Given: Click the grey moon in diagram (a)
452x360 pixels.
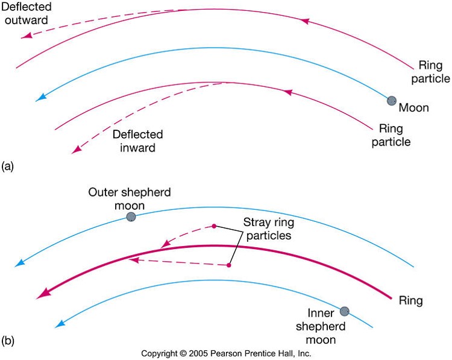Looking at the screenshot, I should (x=392, y=101).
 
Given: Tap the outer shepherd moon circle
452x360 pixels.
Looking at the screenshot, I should (x=130, y=216).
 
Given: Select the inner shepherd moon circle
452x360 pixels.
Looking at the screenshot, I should (x=344, y=311).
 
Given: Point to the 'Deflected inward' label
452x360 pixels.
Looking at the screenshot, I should (x=137, y=141).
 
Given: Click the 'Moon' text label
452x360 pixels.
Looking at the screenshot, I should (x=414, y=109).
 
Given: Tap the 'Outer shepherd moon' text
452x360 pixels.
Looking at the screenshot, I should (x=130, y=199).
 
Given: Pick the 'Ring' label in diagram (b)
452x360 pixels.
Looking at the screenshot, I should (x=411, y=300).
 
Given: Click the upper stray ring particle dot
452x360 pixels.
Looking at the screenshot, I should (x=213, y=226).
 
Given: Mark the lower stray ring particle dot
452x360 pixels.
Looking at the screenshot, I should (x=229, y=265).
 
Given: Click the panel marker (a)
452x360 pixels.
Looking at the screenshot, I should (x=8, y=165).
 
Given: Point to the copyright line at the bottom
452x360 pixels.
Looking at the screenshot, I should (x=226, y=353).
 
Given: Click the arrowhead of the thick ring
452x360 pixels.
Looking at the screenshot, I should (x=41, y=294).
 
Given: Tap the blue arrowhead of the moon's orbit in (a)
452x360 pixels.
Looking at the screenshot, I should (x=40, y=96).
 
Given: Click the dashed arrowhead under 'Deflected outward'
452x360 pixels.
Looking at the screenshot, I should (x=25, y=36).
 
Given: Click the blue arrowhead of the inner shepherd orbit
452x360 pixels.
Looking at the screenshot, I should (x=59, y=324).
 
